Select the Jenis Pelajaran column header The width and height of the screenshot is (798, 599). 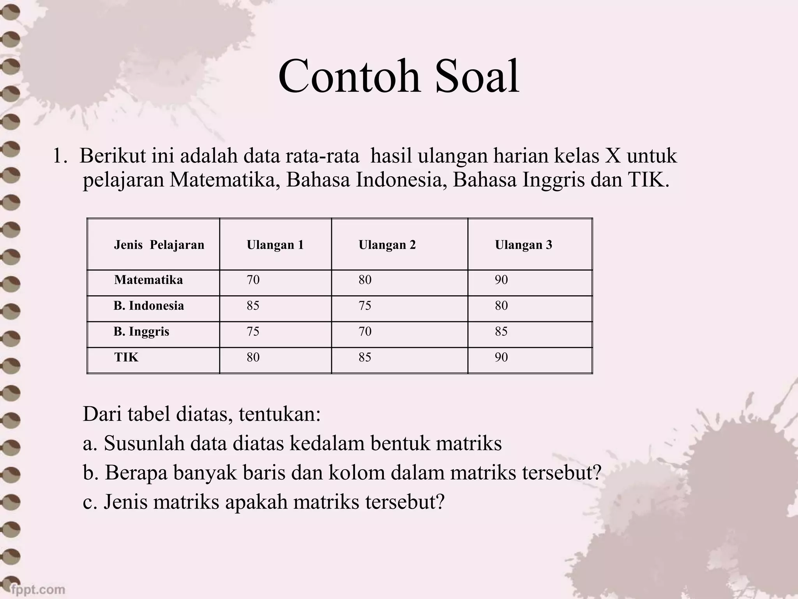click(159, 245)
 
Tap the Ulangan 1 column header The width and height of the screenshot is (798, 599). click(275, 245)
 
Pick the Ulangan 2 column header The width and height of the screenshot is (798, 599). click(387, 245)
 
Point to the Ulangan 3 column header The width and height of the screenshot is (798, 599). click(523, 245)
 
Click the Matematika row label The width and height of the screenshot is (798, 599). click(148, 280)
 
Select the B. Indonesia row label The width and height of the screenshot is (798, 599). click(149, 306)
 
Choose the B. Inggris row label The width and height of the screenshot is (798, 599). click(141, 331)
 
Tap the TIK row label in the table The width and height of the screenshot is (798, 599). click(126, 357)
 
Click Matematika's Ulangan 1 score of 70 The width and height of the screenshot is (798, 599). click(253, 280)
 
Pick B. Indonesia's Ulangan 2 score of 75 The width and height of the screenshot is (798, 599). click(365, 306)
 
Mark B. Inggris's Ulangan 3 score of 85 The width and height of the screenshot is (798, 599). click(501, 331)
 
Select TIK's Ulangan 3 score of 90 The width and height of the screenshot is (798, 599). click(501, 357)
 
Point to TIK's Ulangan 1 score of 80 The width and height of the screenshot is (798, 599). click(253, 357)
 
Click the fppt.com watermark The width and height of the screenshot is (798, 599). click(38, 589)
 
